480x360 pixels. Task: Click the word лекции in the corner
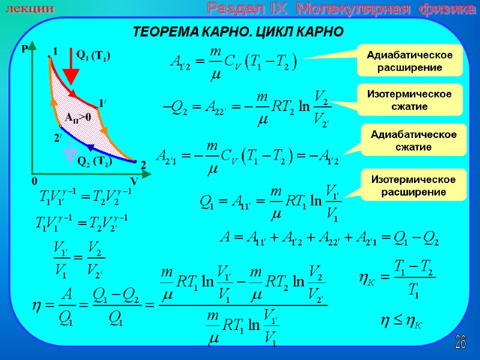point(30,10)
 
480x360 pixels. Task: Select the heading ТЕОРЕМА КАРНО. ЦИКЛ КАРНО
point(238,31)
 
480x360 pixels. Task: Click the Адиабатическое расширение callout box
point(410,61)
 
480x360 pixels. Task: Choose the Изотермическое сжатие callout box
point(410,100)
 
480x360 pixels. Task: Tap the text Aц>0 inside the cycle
point(77,117)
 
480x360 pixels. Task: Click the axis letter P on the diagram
point(26,52)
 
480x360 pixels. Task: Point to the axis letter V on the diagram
point(134,181)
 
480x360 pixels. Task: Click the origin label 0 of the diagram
point(34,181)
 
